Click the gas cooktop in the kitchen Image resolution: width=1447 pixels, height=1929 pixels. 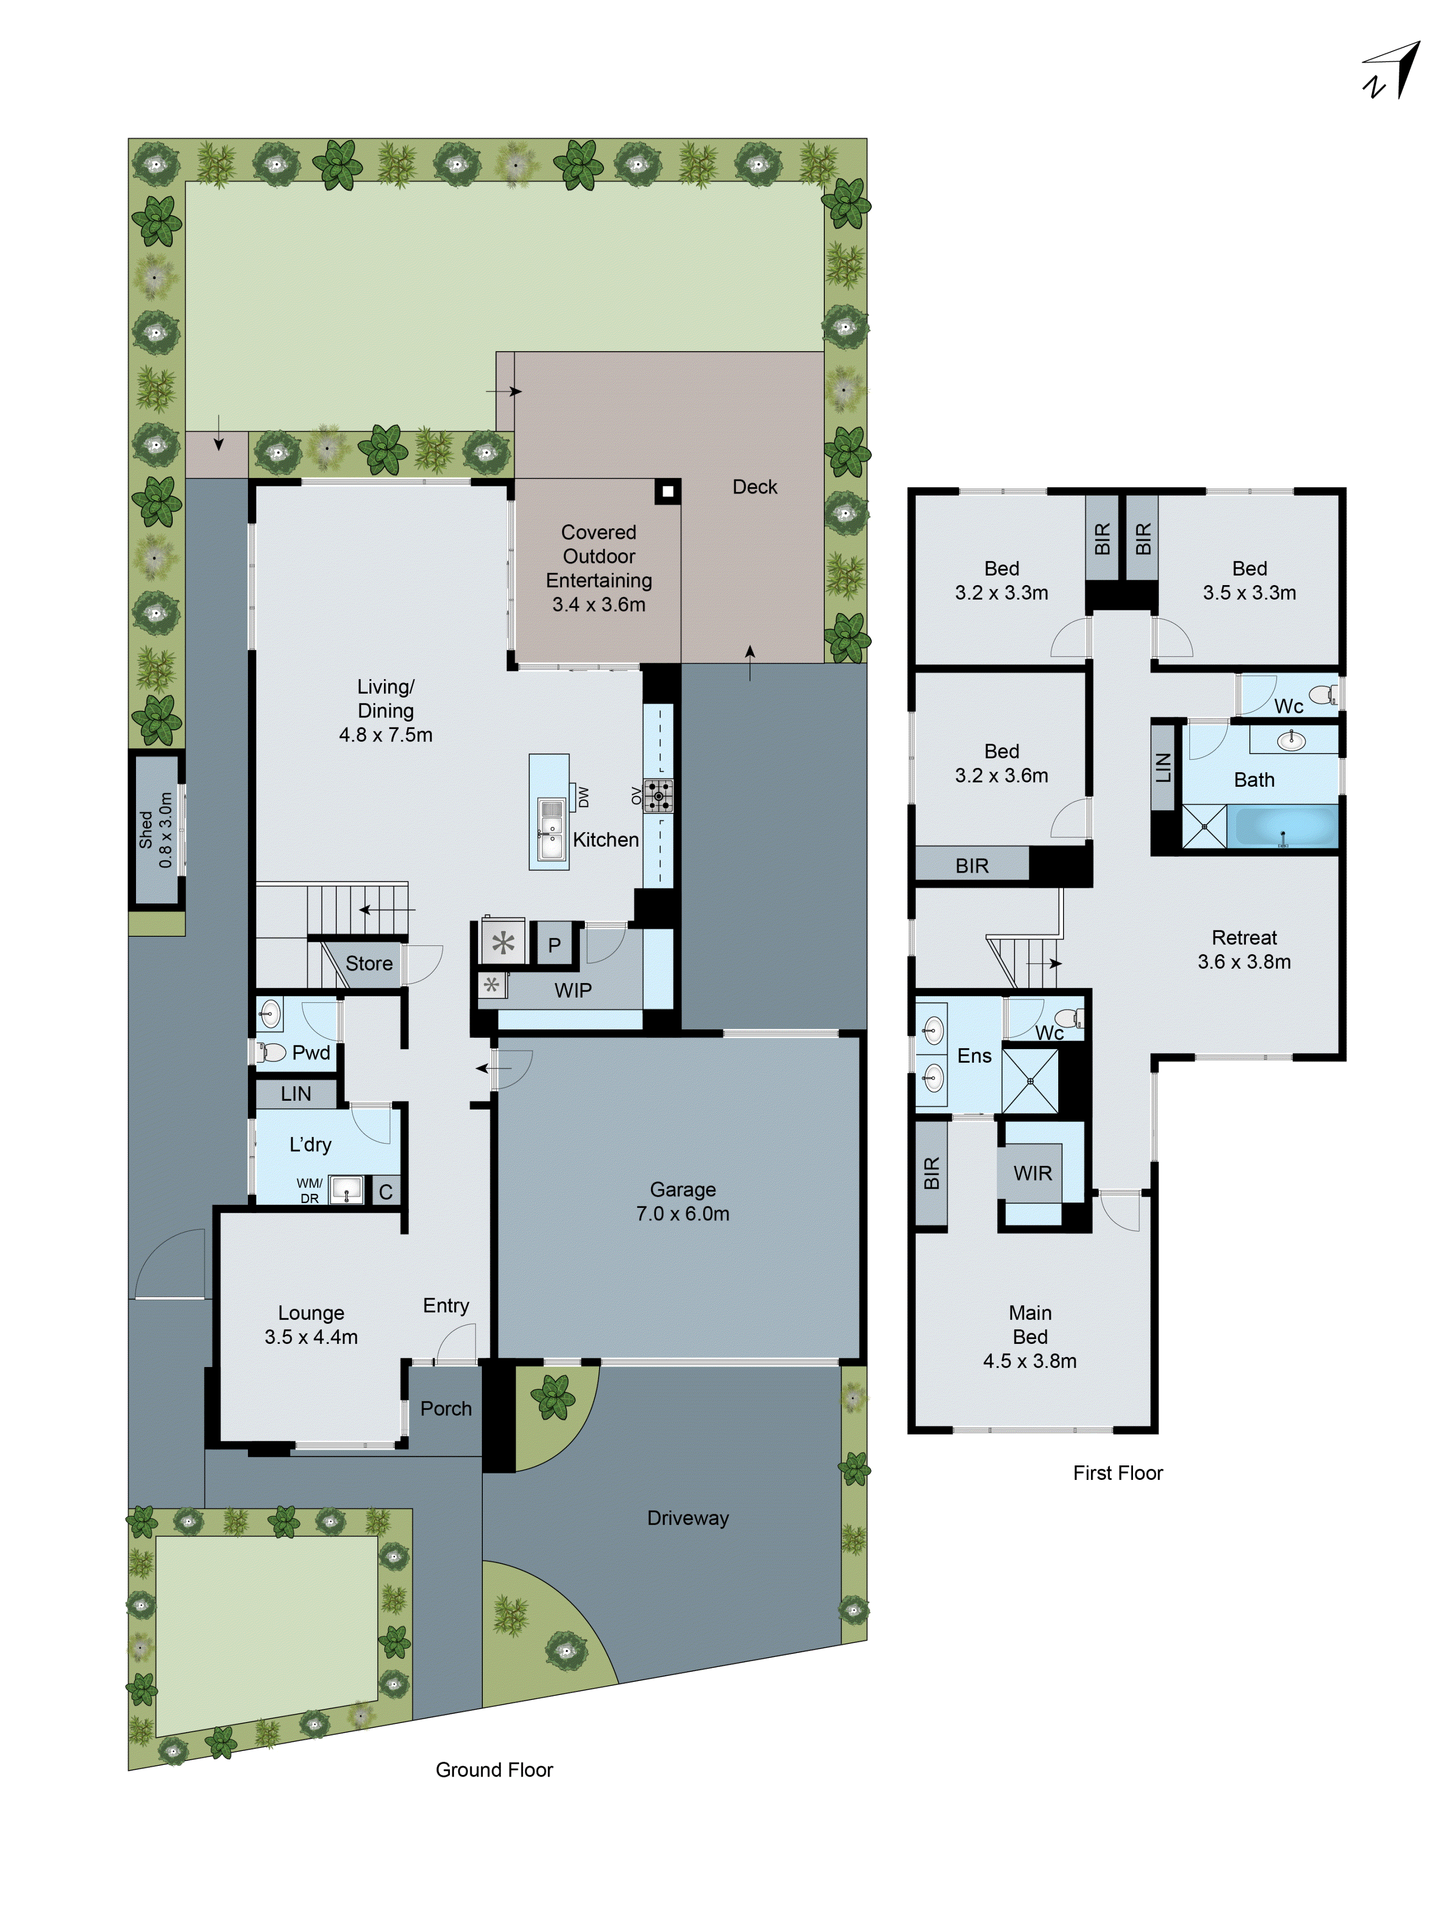(x=657, y=795)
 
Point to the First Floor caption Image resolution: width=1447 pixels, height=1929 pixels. (x=1117, y=1473)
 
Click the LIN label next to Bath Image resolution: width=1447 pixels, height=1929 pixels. (x=1162, y=767)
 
